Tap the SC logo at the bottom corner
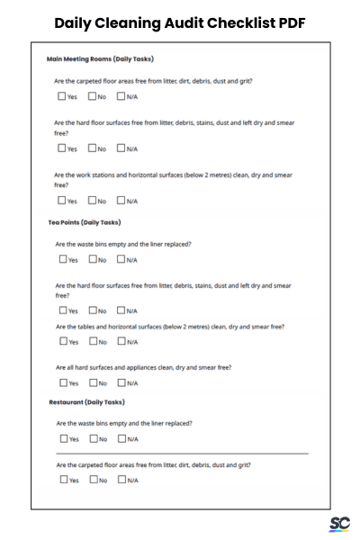click(x=340, y=524)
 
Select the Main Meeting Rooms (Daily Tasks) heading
click(x=100, y=59)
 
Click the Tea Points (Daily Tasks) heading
click(x=85, y=222)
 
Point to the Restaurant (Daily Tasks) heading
click(x=86, y=402)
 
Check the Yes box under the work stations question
click(x=61, y=201)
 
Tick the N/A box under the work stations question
click(x=121, y=201)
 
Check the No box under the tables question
click(x=92, y=341)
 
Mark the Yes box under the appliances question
click(x=61, y=382)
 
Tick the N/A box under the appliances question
click(x=121, y=382)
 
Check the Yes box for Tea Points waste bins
click(x=61, y=259)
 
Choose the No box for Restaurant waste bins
click(x=92, y=439)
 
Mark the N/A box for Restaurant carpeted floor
click(x=121, y=480)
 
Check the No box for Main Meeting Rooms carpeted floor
click(x=92, y=96)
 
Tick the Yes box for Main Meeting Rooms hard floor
click(x=61, y=148)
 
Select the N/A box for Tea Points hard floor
click(x=121, y=310)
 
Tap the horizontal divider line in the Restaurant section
click(x=180, y=454)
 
